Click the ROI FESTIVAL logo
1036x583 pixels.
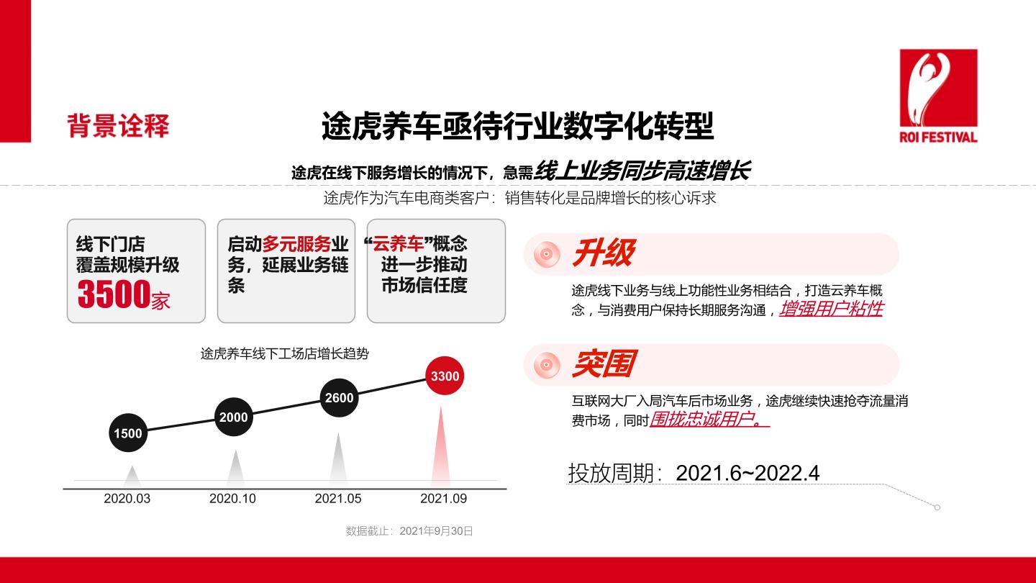pos(938,96)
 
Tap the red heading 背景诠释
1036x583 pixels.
pos(119,126)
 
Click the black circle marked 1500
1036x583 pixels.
pos(128,433)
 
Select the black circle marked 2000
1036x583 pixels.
pos(234,417)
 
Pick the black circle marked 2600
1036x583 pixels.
pos(339,397)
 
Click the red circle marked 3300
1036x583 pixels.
pos(445,376)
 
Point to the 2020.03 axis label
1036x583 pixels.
pos(127,498)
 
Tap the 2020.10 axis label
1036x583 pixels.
pos(232,498)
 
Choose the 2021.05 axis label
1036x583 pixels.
pos(338,498)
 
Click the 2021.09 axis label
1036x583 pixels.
pos(443,498)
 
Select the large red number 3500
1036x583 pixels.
pos(114,294)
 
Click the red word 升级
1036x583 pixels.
pos(604,253)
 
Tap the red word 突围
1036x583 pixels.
pos(604,363)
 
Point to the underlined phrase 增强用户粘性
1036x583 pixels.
pos(832,309)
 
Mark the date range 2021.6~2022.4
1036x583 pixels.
pos(748,473)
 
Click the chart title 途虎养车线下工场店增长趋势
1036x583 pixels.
pos(284,354)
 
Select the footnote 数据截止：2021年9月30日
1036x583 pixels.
pos(409,530)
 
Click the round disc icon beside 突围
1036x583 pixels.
pos(547,365)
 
